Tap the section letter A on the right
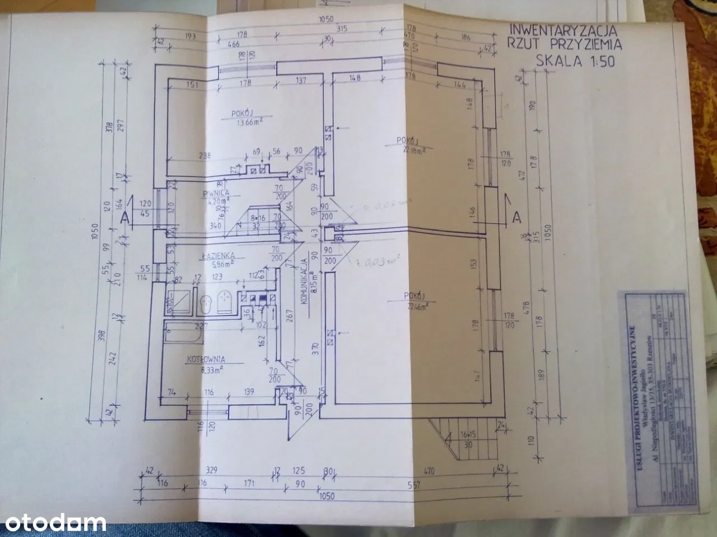click(x=517, y=215)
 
